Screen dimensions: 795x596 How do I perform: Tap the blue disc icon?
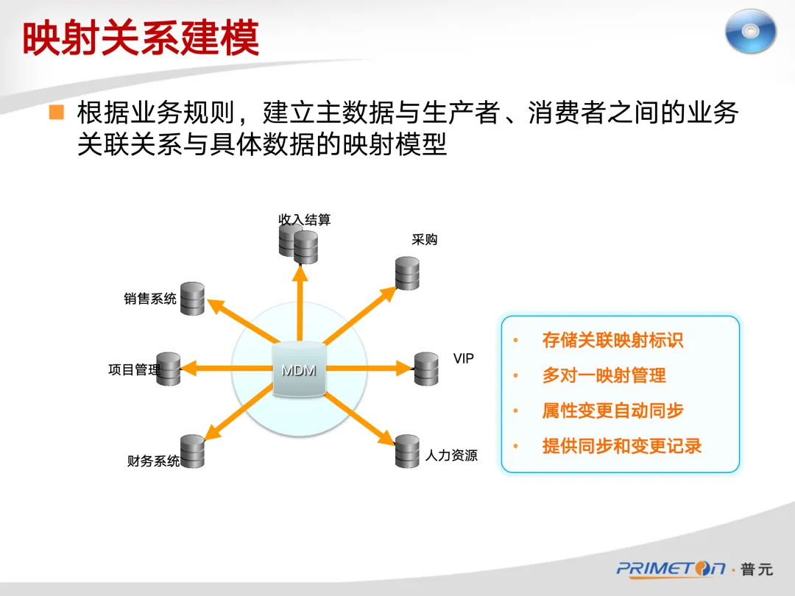tap(750, 32)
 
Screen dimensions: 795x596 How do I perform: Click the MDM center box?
tap(299, 370)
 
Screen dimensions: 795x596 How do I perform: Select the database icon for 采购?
tap(407, 273)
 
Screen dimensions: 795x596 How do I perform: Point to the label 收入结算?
tap(304, 219)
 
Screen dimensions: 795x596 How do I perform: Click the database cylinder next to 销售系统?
tap(192, 298)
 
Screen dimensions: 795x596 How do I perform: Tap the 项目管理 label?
tap(133, 370)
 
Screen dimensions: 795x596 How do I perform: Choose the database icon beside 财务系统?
tap(192, 451)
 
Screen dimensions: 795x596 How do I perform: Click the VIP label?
tap(464, 358)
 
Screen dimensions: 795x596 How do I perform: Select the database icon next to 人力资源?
tap(407, 451)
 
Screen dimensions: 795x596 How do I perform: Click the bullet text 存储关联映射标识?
tap(612, 340)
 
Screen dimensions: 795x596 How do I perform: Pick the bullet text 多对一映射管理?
tap(604, 375)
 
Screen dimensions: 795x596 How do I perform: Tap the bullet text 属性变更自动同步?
tap(612, 411)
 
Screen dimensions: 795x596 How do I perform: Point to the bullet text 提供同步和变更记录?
tap(621, 446)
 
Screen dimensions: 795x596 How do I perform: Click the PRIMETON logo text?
tap(671, 569)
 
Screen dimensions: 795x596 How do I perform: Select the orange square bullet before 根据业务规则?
tap(57, 113)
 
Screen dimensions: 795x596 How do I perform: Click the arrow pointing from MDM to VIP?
tap(368, 367)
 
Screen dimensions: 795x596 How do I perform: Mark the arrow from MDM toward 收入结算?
tap(300, 302)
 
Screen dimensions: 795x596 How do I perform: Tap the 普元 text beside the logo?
tap(756, 570)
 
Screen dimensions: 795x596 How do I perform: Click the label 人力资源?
tap(451, 456)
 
